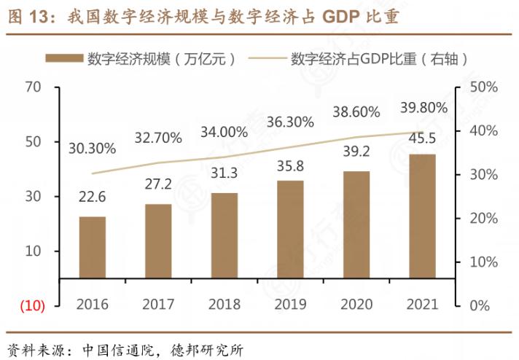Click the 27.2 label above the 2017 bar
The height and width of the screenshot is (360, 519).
point(158,184)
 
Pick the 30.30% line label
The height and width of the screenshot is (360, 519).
point(93,148)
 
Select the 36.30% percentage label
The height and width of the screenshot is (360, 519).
point(290,122)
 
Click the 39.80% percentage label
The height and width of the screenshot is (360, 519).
point(423,109)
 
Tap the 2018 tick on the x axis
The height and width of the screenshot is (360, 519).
point(225,304)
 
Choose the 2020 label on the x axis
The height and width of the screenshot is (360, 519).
point(356,304)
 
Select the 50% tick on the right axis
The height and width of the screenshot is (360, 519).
point(483,87)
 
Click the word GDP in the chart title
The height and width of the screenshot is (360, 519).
point(340,16)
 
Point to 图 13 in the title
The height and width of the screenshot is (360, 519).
point(25,16)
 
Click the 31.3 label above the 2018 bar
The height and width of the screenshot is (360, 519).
point(225,173)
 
